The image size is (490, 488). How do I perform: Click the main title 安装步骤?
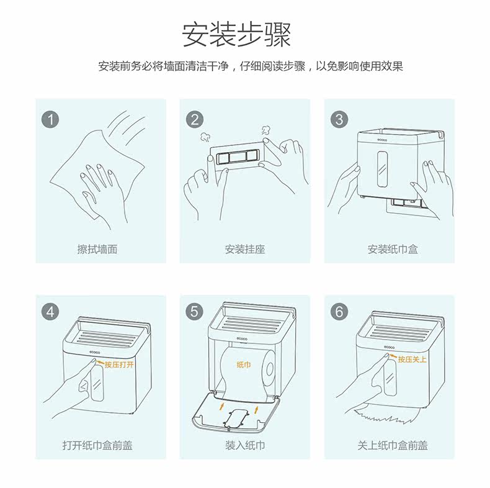click(236, 34)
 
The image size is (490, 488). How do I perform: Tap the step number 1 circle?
click(50, 119)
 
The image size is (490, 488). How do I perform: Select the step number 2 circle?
click(194, 119)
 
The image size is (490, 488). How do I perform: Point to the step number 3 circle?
click(339, 119)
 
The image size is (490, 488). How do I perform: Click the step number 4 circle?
click(50, 312)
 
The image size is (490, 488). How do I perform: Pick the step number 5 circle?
click(194, 312)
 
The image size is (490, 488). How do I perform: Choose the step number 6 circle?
click(339, 312)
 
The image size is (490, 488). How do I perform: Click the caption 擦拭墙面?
click(97, 250)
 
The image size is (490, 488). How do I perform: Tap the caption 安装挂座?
click(245, 250)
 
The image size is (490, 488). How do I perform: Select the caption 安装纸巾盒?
click(393, 250)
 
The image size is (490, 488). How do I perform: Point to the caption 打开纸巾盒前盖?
click(97, 445)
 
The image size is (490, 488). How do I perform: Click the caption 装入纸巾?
click(245, 445)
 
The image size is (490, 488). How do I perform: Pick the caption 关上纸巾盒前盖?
click(393, 445)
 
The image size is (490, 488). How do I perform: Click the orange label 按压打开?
click(119, 364)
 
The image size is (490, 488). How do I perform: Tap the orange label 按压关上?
click(412, 359)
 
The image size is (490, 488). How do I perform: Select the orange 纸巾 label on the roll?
click(243, 364)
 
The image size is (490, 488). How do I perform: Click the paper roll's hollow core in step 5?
click(269, 369)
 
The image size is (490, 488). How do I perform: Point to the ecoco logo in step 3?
click(382, 140)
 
